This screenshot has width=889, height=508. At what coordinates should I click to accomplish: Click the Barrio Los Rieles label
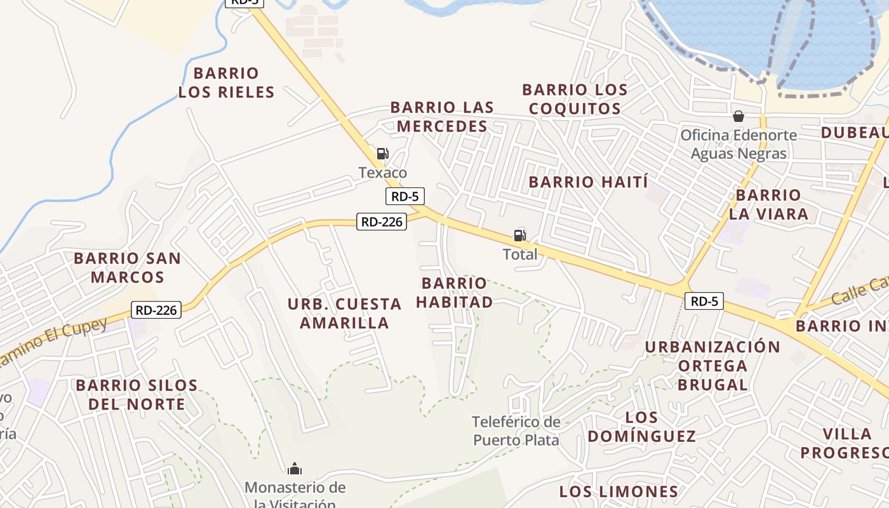tap(226, 83)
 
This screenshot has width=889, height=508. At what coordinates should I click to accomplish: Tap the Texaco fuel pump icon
tap(382, 154)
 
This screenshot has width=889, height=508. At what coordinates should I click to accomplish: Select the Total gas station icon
tap(519, 236)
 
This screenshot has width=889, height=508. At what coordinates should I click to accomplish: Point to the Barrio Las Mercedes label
tap(442, 117)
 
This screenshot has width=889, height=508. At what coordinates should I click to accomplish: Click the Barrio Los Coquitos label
tap(575, 99)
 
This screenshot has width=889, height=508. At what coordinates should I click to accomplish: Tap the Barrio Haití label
tap(588, 182)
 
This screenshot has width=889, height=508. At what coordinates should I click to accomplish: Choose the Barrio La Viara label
tap(768, 204)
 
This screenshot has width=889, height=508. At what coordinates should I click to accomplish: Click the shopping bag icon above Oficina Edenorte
tap(738, 116)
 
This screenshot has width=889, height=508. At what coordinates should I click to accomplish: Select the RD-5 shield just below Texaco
tap(405, 197)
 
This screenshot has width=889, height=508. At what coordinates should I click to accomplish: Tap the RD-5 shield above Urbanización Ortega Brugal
tap(705, 301)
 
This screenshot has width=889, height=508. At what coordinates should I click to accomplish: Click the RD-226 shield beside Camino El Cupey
tap(156, 310)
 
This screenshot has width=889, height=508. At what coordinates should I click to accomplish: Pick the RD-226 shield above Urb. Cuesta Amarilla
tap(381, 222)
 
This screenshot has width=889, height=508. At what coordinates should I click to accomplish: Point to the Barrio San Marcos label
tap(127, 268)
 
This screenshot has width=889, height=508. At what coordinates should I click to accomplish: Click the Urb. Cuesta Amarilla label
tap(344, 314)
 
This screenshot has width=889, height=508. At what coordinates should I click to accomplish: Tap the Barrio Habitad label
tap(455, 293)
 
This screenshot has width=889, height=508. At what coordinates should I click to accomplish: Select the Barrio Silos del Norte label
tap(137, 394)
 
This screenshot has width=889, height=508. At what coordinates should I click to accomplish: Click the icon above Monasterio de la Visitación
tap(294, 469)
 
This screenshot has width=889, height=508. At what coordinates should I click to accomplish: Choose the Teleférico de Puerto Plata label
tap(516, 431)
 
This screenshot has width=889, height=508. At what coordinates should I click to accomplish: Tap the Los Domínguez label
tap(641, 427)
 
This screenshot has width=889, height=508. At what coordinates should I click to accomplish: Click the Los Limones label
tap(618, 491)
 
